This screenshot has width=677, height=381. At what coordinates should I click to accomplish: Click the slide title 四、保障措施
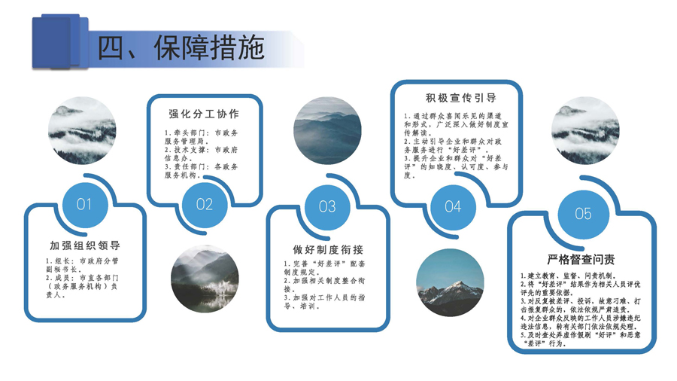(181, 47)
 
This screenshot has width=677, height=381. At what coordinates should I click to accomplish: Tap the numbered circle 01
(84, 205)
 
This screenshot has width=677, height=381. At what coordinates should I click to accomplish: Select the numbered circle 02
(204, 204)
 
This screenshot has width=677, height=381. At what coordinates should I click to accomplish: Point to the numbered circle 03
(327, 207)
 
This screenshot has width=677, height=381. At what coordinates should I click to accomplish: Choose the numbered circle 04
(453, 207)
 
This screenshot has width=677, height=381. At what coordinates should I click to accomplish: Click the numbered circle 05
(583, 214)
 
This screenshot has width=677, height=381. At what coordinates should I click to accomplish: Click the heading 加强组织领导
(84, 245)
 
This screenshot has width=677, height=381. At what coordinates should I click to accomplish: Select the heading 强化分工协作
(204, 114)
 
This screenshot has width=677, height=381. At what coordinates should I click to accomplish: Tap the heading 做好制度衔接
(328, 250)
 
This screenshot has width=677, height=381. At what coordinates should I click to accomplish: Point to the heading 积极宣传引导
(460, 98)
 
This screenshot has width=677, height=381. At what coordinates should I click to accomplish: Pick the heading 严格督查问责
(581, 260)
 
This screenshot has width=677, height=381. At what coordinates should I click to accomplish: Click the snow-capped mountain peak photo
(450, 282)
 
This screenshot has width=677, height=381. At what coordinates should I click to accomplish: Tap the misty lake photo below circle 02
(205, 279)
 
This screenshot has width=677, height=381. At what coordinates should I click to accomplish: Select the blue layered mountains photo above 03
(327, 130)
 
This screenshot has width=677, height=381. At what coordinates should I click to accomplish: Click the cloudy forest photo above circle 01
(82, 130)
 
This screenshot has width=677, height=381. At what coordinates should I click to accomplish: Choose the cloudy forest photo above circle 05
(585, 130)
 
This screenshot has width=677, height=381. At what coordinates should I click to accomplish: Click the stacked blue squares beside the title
(60, 41)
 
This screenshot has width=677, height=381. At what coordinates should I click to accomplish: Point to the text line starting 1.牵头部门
(201, 133)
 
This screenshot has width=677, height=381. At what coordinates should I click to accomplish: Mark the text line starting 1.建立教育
(568, 276)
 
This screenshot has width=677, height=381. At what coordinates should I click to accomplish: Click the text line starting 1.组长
(82, 261)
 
